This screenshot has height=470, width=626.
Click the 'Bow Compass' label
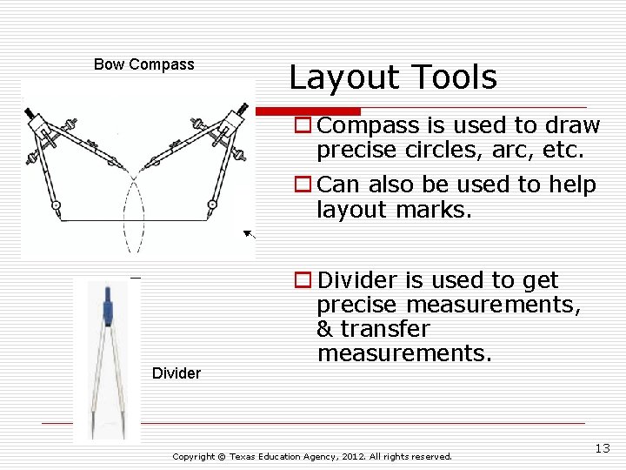click(143, 64)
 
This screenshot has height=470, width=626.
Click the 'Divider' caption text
click(176, 373)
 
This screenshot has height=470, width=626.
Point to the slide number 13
click(603, 448)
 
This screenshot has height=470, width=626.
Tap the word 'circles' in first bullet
click(436, 150)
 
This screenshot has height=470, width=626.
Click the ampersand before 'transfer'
click(325, 329)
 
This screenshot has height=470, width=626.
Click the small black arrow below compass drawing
click(250, 234)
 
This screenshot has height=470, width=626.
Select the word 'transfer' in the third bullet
click(384, 329)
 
